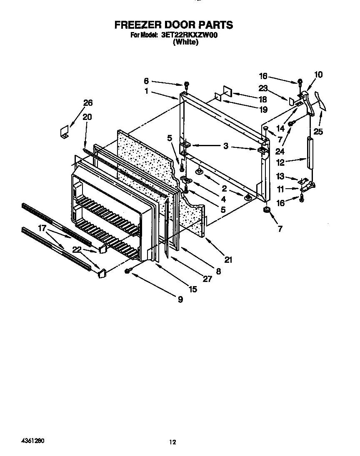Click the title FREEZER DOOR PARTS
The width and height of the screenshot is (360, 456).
coord(174,25)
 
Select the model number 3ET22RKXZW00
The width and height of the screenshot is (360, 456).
coord(190,35)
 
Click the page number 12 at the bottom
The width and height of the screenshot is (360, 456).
coord(172,442)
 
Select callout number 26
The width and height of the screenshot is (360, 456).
coord(88,103)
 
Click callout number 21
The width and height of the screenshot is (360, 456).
coord(228,260)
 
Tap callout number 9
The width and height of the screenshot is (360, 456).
coord(180,299)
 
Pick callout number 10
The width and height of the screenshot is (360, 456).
coord(318,75)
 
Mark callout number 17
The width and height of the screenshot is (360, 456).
coord(42,228)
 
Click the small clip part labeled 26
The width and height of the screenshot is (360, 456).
coord(64,132)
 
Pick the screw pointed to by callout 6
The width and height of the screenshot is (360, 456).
coord(187,84)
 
